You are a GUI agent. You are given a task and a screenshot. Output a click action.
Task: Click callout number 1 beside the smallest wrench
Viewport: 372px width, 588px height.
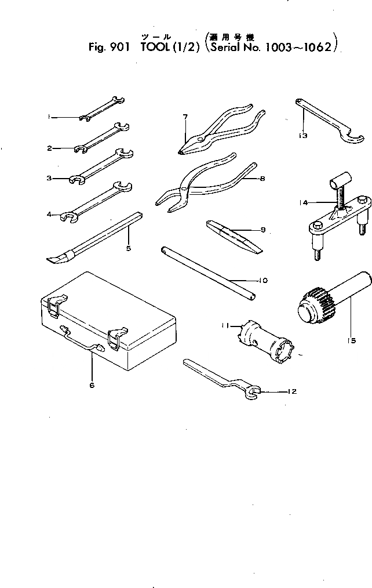click(x=50, y=117)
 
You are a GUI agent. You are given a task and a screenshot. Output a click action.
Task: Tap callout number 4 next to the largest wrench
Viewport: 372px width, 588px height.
click(x=50, y=214)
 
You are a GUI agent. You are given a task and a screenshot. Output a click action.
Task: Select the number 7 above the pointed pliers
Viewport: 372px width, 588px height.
click(x=185, y=117)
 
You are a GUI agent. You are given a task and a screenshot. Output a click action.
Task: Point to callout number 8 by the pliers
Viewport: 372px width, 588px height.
click(x=262, y=179)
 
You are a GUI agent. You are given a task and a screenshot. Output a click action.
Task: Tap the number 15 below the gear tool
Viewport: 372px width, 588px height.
click(x=352, y=341)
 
